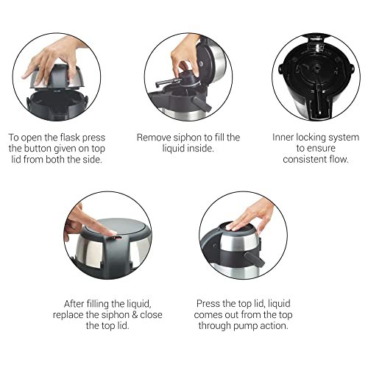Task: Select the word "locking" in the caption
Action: coord(308,138)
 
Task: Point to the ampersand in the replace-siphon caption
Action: coord(135,315)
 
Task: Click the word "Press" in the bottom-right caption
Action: coord(208,304)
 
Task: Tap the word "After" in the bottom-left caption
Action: coord(73,304)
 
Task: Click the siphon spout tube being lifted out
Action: coord(166,82)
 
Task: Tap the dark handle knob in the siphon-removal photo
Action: coord(202,104)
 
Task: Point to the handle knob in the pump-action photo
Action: coord(255,259)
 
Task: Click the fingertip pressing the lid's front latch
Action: coord(111,233)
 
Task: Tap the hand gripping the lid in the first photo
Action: coord(53,60)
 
